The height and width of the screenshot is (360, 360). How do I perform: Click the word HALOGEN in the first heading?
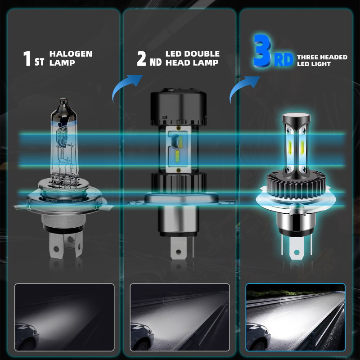(x=71, y=54)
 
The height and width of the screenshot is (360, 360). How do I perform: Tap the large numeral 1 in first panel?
(x=27, y=58)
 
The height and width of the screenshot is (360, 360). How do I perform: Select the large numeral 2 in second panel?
(x=142, y=58)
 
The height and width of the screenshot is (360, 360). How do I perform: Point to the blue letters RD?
(x=283, y=60)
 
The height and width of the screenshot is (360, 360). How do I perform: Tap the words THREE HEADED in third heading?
(x=322, y=57)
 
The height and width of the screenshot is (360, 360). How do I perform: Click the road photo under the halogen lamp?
(x=64, y=317)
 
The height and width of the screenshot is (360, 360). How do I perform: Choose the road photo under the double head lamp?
(x=179, y=317)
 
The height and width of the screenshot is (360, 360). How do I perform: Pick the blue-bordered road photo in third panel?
(x=295, y=317)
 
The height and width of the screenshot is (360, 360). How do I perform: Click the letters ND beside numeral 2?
(x=155, y=62)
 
